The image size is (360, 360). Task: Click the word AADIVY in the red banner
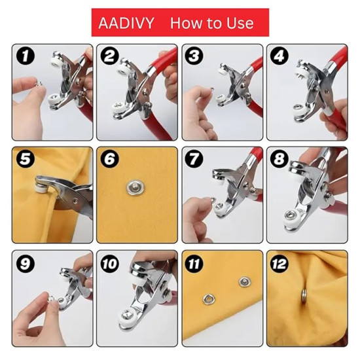pyautogui.click(x=126, y=23)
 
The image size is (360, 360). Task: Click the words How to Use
pyautogui.click(x=211, y=23)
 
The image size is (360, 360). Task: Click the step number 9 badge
pyautogui.click(x=26, y=264)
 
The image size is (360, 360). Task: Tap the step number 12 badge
pyautogui.click(x=280, y=264)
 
